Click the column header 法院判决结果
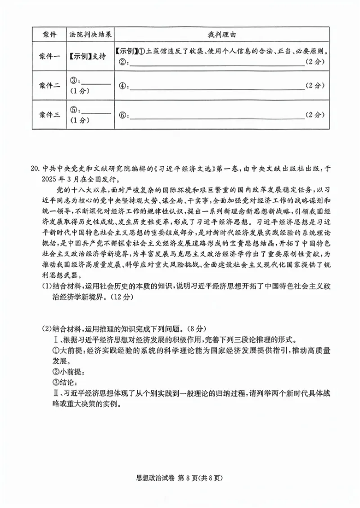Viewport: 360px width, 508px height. point(90,35)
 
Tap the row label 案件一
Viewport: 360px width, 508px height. point(49,56)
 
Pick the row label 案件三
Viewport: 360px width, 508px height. point(49,115)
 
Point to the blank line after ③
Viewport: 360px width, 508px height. point(96,83)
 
